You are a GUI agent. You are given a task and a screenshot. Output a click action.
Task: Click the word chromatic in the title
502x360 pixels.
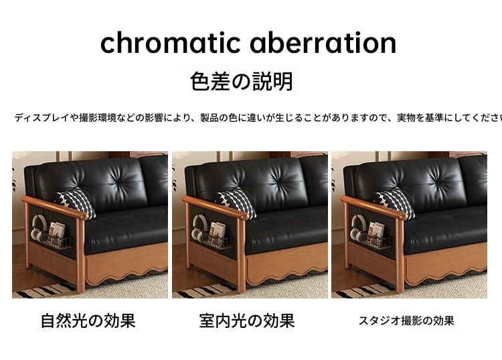click(170, 43)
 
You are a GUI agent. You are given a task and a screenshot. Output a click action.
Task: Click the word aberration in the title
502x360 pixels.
click(323, 43)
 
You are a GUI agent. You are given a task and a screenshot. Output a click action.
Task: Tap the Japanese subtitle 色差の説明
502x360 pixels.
click(241, 81)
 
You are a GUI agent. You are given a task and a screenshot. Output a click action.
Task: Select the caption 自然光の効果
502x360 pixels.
click(88, 321)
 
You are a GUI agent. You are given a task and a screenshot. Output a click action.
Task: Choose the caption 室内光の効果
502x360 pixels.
click(247, 321)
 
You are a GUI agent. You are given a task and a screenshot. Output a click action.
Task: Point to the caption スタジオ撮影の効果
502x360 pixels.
click(406, 321)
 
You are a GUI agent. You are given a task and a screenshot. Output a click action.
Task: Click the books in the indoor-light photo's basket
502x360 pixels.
click(218, 230)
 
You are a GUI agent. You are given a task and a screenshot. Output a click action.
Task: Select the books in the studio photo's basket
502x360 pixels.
click(376, 230)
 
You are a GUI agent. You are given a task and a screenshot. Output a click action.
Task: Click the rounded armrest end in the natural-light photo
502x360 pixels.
click(82, 215)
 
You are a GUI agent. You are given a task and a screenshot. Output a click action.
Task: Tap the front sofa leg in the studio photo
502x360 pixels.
click(399, 256)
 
